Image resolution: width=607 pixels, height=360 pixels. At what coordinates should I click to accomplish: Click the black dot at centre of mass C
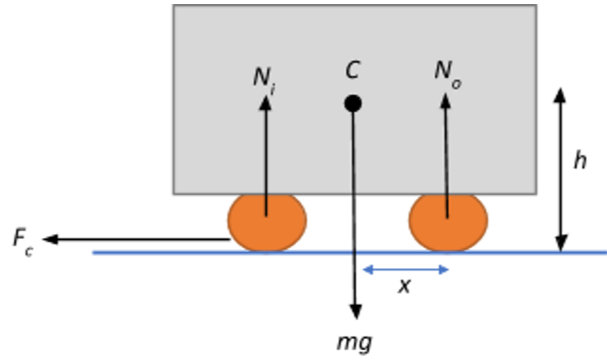pos(352,104)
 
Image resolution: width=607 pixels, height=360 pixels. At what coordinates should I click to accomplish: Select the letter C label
pos(352,70)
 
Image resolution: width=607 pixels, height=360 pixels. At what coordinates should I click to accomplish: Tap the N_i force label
pos(264,78)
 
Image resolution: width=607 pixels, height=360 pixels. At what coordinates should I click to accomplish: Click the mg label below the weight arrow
pos(354,342)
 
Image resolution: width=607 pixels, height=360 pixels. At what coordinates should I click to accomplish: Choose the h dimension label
pos(579,161)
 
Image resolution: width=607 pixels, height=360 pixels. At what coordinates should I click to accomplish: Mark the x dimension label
pos(405,286)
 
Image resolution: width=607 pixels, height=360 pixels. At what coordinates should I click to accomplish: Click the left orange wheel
pos(267,222)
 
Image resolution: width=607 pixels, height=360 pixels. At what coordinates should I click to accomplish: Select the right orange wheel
pos(448,222)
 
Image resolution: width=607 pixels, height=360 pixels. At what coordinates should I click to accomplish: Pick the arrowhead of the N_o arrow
pos(445,99)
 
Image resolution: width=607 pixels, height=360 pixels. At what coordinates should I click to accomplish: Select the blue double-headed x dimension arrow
pos(406,269)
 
